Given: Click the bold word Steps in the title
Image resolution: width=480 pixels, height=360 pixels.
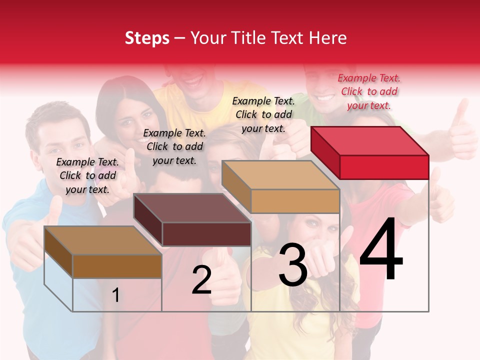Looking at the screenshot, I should coord(147,38).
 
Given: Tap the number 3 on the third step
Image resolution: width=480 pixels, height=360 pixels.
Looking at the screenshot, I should coord(292,265).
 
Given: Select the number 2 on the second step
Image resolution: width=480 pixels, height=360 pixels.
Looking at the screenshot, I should coord(201,280).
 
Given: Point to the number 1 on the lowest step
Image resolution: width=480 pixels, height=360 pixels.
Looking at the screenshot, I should coord(116,295).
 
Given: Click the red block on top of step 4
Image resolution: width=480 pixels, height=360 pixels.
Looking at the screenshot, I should coord(370,152).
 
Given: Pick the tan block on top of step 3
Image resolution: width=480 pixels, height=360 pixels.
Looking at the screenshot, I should coord(281,187).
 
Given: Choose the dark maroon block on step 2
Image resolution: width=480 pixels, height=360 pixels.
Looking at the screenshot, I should coord(192,220).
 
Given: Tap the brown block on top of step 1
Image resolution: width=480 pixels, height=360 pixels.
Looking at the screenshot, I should coord(103,252).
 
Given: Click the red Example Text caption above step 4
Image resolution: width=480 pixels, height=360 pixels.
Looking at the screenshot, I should coord(369,91).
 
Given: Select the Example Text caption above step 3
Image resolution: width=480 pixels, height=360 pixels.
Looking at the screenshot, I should coord(263,114).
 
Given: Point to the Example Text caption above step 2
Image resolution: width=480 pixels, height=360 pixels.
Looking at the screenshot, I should coord(174,146).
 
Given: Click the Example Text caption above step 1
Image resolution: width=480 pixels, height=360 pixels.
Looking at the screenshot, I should coord(87,175).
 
